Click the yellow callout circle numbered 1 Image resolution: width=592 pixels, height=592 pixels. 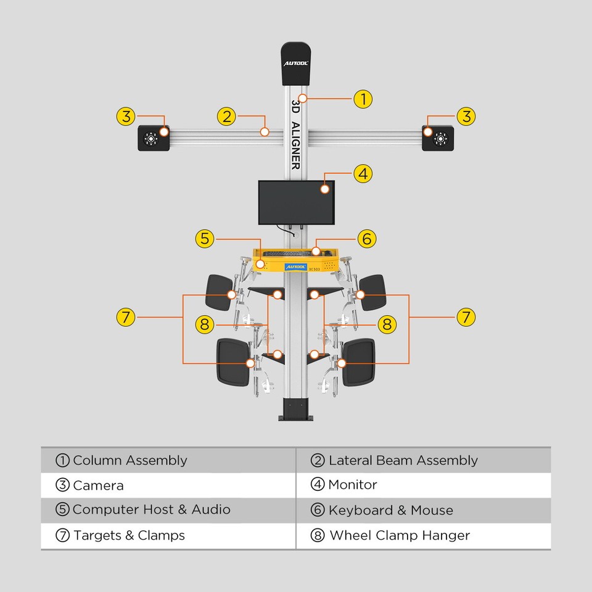(363, 99)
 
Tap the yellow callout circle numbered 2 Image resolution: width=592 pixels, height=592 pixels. (227, 116)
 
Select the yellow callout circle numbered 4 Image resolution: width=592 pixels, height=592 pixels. (363, 174)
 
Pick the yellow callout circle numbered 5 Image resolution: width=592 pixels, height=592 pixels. (205, 239)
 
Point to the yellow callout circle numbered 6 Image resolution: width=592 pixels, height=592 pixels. (367, 239)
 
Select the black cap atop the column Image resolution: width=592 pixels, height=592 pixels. (295, 63)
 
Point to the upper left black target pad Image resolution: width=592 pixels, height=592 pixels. (218, 292)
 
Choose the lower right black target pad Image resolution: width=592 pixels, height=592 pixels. (359, 362)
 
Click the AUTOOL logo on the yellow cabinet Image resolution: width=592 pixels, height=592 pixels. (295, 266)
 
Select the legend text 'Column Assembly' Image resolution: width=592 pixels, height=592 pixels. (129, 461)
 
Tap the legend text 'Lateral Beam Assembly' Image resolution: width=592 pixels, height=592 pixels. (403, 461)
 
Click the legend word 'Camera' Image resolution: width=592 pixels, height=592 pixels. (98, 486)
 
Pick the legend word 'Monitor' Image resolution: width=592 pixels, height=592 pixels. (352, 485)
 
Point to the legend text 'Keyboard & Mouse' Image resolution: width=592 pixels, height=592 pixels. (390, 511)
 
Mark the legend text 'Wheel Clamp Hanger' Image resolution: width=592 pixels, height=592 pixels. (399, 536)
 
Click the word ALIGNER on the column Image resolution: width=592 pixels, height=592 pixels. (295, 146)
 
